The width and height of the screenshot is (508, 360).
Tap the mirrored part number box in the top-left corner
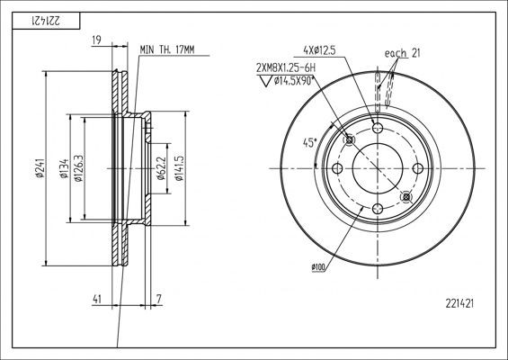tap(44, 19)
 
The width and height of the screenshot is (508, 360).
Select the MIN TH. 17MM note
tap(166, 50)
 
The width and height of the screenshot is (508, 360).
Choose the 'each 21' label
tap(402, 54)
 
